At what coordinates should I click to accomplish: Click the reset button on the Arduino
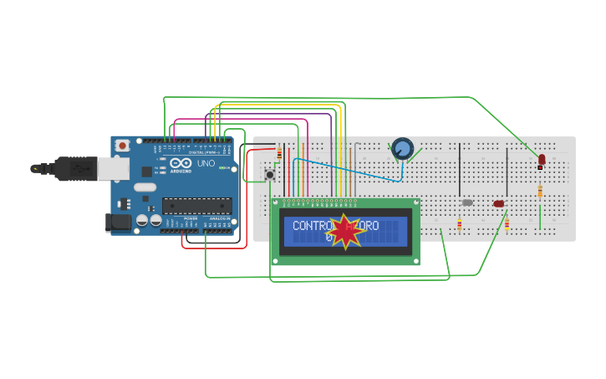tap(123, 145)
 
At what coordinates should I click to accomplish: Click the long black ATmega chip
tap(196, 206)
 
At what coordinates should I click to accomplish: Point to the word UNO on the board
tap(206, 163)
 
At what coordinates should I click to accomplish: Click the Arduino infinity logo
tap(178, 163)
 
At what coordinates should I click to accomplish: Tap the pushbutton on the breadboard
tap(270, 174)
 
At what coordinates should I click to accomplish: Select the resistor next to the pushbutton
tap(278, 153)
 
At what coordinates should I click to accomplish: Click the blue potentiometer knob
tap(403, 149)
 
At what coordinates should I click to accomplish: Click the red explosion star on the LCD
tap(345, 232)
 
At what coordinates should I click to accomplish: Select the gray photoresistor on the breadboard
tap(467, 202)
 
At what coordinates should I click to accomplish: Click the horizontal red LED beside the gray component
tap(499, 203)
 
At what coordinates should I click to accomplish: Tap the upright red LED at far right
tap(542, 159)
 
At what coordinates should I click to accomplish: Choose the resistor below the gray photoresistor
tap(459, 223)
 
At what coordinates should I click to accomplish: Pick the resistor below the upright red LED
tap(540, 191)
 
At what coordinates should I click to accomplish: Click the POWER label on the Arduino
tap(191, 218)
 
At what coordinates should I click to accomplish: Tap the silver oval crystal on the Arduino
tap(145, 187)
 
